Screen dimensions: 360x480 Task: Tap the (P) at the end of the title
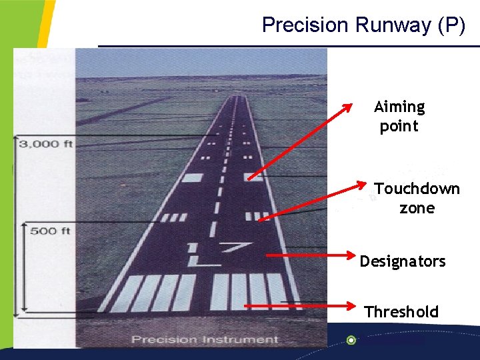(451, 25)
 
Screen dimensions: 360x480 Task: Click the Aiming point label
(399, 116)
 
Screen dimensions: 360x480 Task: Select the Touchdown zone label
(417, 198)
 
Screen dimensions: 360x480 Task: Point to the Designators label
(403, 261)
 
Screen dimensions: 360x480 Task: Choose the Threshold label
(401, 311)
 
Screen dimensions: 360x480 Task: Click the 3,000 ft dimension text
(46, 143)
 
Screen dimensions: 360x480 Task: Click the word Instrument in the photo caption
(246, 339)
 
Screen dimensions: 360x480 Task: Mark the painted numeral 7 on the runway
(233, 249)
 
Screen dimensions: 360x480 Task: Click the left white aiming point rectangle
(192, 178)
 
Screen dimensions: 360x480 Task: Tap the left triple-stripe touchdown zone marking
(175, 217)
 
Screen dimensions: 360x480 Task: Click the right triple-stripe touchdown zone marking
(256, 216)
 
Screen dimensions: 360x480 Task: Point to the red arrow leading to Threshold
(300, 306)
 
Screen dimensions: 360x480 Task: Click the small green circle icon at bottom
(351, 340)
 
